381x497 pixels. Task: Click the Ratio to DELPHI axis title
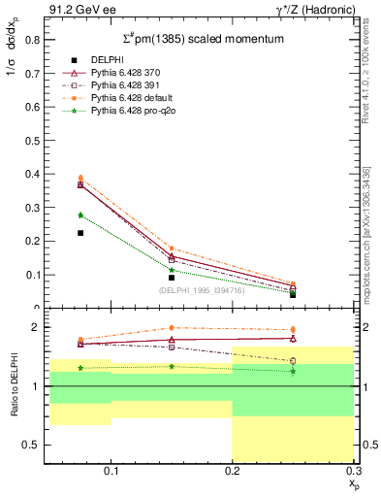point(13,386)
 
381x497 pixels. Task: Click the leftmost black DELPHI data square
point(80,233)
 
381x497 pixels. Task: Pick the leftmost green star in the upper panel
point(80,215)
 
